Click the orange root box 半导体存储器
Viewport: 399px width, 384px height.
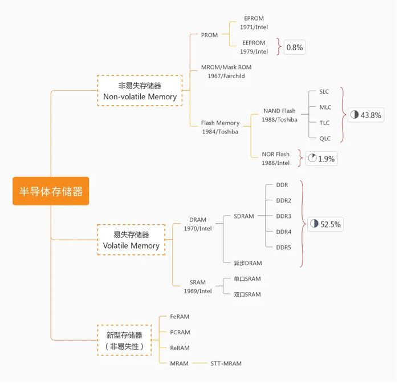pyautogui.click(x=51, y=191)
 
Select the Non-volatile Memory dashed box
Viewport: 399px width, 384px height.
pyautogui.click(x=140, y=91)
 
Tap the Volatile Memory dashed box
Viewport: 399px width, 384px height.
pyautogui.click(x=131, y=240)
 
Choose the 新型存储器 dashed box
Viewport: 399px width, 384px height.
pyautogui.click(x=124, y=341)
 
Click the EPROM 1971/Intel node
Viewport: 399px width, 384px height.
pyautogui.click(x=254, y=23)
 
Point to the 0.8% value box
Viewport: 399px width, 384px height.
pyautogui.click(x=294, y=47)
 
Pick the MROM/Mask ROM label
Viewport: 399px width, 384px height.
pyautogui.click(x=226, y=67)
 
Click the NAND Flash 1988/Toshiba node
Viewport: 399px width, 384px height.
pyautogui.click(x=279, y=115)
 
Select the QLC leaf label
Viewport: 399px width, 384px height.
pyautogui.click(x=324, y=139)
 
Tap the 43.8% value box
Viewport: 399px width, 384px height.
pyautogui.click(x=365, y=115)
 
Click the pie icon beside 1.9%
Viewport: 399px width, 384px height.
pyautogui.click(x=312, y=158)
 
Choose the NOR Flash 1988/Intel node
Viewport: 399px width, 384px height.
pyautogui.click(x=275, y=159)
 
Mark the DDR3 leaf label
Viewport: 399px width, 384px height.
pyautogui.click(x=283, y=216)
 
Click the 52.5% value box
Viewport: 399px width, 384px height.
pyautogui.click(x=325, y=224)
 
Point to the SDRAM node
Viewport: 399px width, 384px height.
pyautogui.click(x=244, y=216)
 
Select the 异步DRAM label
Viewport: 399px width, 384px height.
pyautogui.click(x=247, y=263)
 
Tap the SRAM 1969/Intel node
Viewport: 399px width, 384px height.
pyautogui.click(x=198, y=286)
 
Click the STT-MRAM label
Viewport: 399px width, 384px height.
pyautogui.click(x=226, y=363)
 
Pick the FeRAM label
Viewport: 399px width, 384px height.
pyautogui.click(x=180, y=317)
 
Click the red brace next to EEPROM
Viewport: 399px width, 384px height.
pyautogui.click(x=279, y=47)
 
